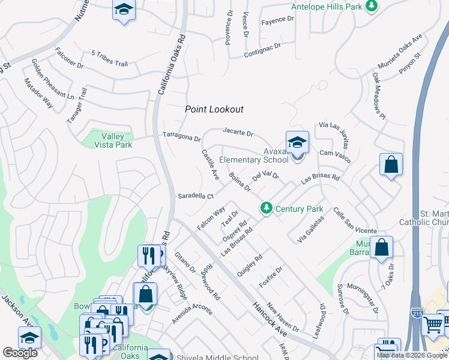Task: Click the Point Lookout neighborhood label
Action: [x=214, y=109]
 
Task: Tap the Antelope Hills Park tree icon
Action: [x=372, y=6]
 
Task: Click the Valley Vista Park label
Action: [x=115, y=141]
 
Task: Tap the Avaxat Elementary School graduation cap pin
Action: [x=297, y=143]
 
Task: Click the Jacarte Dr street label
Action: [x=238, y=132]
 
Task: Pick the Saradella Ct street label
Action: [x=196, y=196]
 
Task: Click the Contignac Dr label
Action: [x=262, y=50]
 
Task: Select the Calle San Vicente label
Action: [x=355, y=221]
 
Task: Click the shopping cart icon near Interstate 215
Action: [x=433, y=325]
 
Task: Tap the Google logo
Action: [x=20, y=353]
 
